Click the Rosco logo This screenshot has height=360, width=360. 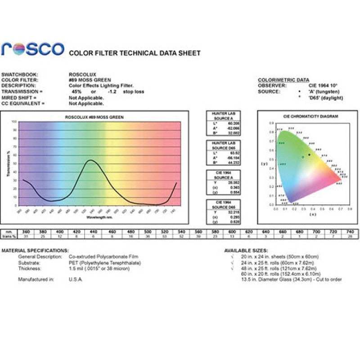(x=32, y=49)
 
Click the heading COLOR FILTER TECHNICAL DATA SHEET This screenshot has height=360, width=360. (x=135, y=53)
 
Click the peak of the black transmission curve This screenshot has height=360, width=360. (x=90, y=160)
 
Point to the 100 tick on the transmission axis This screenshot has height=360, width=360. (x=14, y=122)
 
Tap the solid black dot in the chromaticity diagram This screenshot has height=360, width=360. (x=309, y=155)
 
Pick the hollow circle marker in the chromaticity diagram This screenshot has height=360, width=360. (x=303, y=157)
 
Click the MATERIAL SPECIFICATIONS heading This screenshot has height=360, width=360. (x=35, y=250)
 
